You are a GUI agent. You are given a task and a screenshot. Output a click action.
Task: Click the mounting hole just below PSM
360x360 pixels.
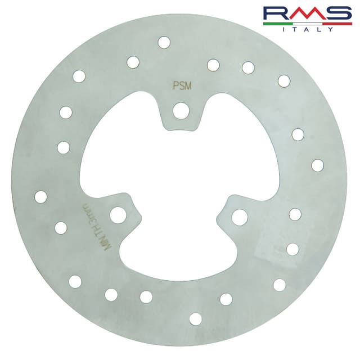[181, 110]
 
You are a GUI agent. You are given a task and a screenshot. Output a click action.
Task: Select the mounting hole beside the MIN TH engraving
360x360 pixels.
[118, 214]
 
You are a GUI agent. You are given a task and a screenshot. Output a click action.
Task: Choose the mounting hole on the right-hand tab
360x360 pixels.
[240, 217]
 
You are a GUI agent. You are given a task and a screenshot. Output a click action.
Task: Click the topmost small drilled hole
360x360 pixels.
[164, 42]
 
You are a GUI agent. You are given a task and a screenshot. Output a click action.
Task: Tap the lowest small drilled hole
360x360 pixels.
[195, 319]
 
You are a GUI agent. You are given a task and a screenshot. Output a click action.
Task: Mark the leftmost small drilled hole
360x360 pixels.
[40, 197]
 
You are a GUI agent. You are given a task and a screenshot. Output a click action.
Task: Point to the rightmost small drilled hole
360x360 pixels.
[318, 165]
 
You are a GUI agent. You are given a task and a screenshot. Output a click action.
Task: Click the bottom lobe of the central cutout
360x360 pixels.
[178, 247]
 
